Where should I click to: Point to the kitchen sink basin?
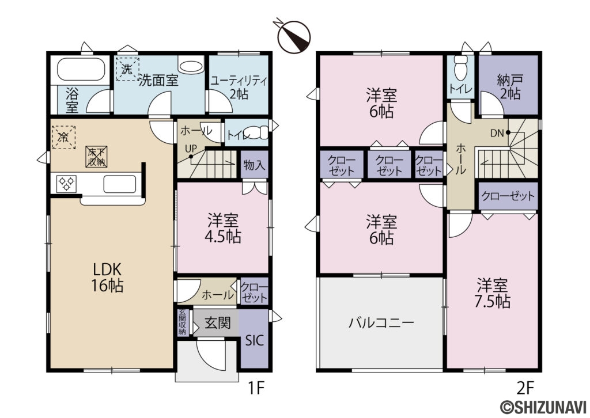pyautogui.click(x=119, y=185)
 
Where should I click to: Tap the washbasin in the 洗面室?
pyautogui.click(x=190, y=66)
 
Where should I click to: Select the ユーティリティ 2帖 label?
pyautogui.click(x=238, y=86)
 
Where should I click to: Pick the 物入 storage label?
pyautogui.click(x=254, y=165)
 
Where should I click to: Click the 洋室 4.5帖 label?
pyautogui.click(x=224, y=228)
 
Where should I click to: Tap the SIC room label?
pyautogui.click(x=254, y=340)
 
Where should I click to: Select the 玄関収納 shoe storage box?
pyautogui.click(x=183, y=322)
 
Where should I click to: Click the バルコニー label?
pyautogui.click(x=381, y=322)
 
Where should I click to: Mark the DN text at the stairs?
pyautogui.click(x=497, y=133)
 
